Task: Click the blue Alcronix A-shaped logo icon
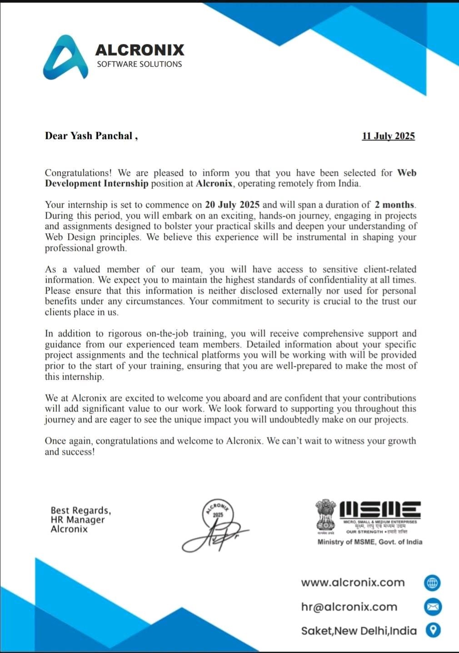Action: coord(65,58)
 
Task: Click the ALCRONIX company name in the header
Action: coord(140,50)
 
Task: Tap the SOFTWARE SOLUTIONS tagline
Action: coord(139,64)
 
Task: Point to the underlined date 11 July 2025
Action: coord(388,136)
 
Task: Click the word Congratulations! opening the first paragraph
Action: coord(78,173)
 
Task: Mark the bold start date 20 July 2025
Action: coord(232,205)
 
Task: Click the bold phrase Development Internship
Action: coord(96,184)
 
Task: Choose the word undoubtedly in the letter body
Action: coord(294,419)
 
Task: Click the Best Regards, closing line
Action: coord(81,510)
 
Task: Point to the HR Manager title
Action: coord(78,520)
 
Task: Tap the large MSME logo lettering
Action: coord(380,509)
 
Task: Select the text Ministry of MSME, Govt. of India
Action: coord(369,542)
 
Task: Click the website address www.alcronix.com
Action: coord(353,583)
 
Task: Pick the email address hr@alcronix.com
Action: coord(349,607)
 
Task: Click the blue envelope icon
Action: coord(433,607)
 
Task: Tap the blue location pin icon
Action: coord(433,630)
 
